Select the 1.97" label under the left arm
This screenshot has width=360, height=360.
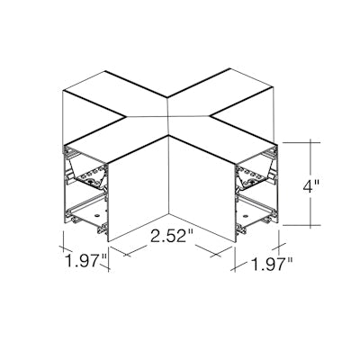[x=85, y=260]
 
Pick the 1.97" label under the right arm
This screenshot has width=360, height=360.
[x=272, y=264]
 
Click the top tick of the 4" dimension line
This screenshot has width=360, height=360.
[x=310, y=143]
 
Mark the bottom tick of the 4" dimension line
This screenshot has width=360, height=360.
[x=310, y=225]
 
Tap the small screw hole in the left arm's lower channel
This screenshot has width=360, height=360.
[x=97, y=215]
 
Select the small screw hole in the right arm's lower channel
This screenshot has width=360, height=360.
[x=246, y=216]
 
